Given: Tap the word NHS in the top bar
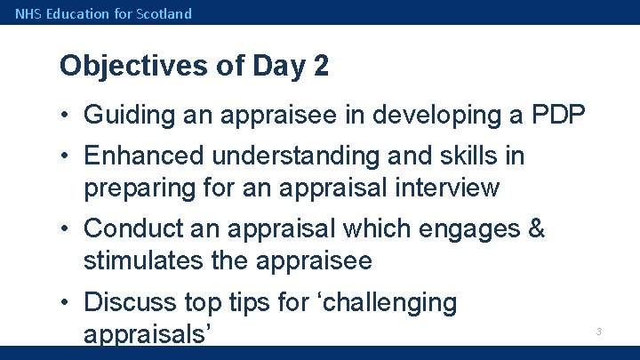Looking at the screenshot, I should coord(28,13).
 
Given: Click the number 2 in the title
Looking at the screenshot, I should coord(320,66).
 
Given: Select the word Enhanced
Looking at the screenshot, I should coord(142,156).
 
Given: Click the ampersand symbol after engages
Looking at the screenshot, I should coord(536,229).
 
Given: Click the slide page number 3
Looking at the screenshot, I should coord(598,332).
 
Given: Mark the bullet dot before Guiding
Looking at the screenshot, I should coord(67,116).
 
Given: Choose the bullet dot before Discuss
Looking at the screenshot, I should coord(67,303).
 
